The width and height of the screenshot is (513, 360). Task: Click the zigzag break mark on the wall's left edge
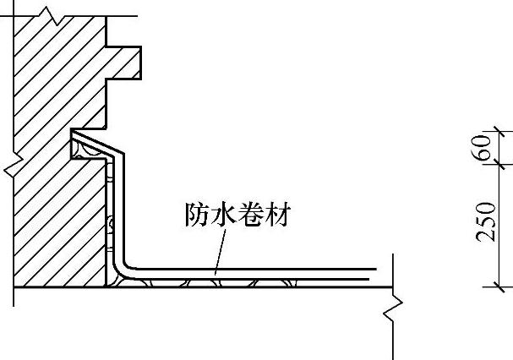14,161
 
